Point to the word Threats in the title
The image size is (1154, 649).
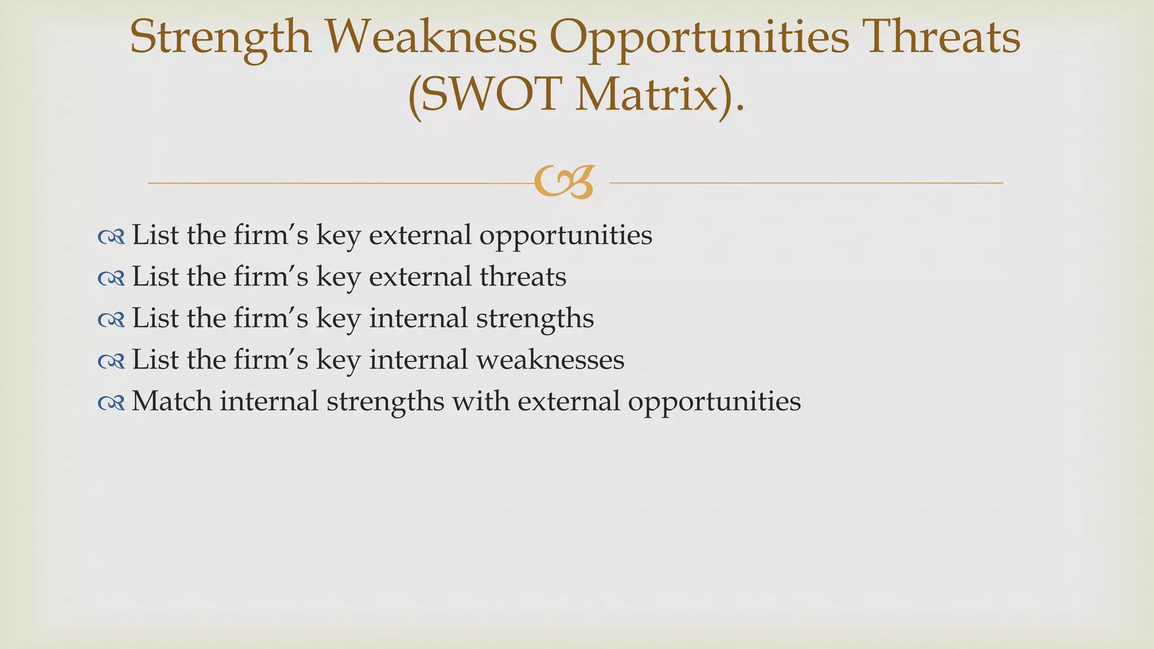[x=942, y=37]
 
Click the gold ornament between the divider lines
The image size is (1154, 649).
[x=563, y=182]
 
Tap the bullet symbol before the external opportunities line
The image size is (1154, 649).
[x=111, y=237]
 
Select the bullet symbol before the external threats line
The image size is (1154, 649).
[x=111, y=278]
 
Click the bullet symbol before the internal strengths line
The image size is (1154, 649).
[x=111, y=320]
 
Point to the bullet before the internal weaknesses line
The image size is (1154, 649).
[x=111, y=361]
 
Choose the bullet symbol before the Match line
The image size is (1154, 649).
[x=111, y=403]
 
